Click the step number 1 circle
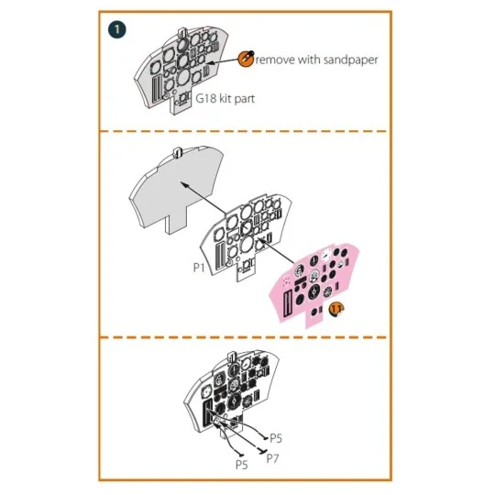[x=116, y=30]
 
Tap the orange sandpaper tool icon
[x=246, y=59]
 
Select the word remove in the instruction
[x=275, y=60]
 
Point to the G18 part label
[x=206, y=98]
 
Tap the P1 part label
[x=199, y=268]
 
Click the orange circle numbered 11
[x=335, y=310]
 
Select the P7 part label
[x=272, y=458]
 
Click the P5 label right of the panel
[x=276, y=438]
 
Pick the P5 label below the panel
[x=242, y=465]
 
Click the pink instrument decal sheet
[x=313, y=285]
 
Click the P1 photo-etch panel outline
[x=246, y=236]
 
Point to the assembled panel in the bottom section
[x=231, y=393]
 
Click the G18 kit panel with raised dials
[x=181, y=70]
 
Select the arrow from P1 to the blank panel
[x=203, y=197]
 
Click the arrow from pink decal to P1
[x=277, y=251]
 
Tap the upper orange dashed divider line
[x=245, y=131]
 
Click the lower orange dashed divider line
[x=245, y=337]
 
